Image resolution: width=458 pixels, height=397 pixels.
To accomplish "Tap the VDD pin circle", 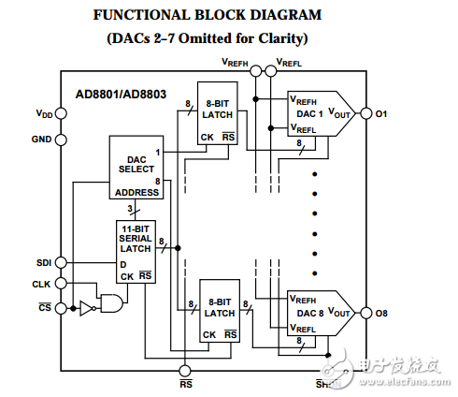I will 62,113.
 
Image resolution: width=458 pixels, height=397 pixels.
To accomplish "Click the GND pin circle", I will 62,140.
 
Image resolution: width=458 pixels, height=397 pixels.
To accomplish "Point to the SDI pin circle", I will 62,262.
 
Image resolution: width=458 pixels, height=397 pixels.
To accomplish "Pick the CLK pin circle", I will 62,283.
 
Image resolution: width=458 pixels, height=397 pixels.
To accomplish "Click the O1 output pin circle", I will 366,113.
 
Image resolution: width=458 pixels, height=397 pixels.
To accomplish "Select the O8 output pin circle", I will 366,312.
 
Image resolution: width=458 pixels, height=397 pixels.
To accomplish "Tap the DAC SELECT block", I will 136,168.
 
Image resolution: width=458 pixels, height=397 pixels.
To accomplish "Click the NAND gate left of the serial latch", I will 112,302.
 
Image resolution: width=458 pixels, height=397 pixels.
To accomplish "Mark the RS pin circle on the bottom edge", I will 185,371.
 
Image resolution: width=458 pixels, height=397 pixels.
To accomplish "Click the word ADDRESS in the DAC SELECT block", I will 136,192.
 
